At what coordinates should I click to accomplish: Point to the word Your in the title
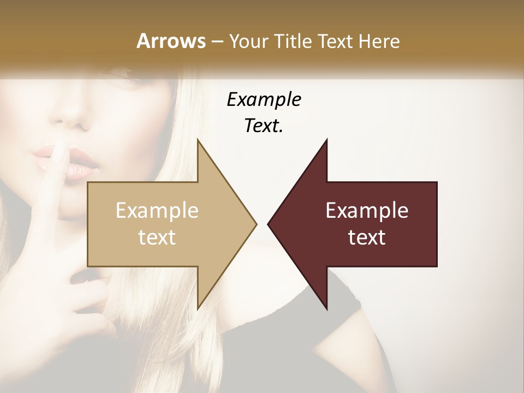(249, 41)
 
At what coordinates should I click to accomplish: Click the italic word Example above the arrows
(264, 99)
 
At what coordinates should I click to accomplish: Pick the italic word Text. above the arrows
(264, 126)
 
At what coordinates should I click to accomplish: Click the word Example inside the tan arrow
(157, 211)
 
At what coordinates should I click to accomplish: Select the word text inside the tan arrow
(157, 237)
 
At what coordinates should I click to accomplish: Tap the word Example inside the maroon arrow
(367, 211)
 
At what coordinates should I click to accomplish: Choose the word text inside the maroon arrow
(367, 237)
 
